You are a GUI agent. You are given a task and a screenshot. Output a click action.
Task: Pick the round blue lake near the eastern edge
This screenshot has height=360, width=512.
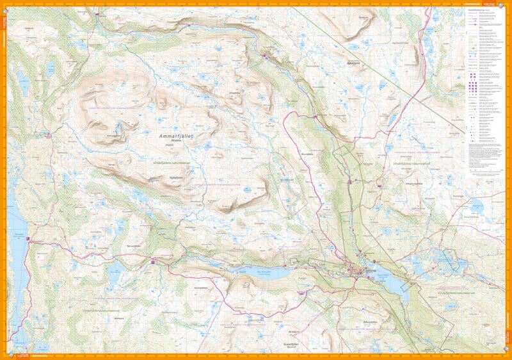(476, 208)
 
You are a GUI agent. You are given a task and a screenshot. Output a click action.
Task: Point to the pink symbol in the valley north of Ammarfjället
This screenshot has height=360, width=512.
(266, 57)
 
